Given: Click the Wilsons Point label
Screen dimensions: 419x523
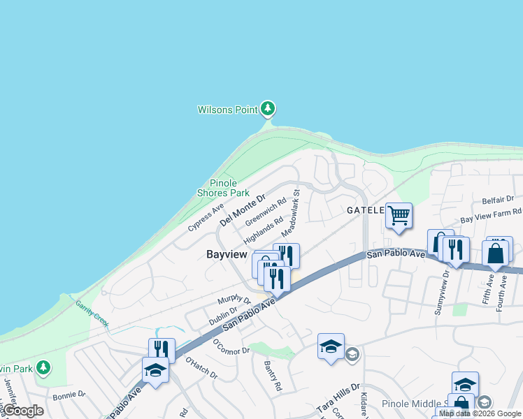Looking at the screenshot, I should pos(227,110).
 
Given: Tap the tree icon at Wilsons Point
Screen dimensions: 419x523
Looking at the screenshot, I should pos(267,109).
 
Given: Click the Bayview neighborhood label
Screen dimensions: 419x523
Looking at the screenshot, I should pos(227,255).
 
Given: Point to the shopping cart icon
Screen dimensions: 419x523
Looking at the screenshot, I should pos(399,216).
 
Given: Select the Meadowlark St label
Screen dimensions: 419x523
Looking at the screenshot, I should pos(290,212).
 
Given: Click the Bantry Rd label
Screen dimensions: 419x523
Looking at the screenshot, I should pos(273,375).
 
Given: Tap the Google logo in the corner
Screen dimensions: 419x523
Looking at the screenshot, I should pos(23,411).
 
